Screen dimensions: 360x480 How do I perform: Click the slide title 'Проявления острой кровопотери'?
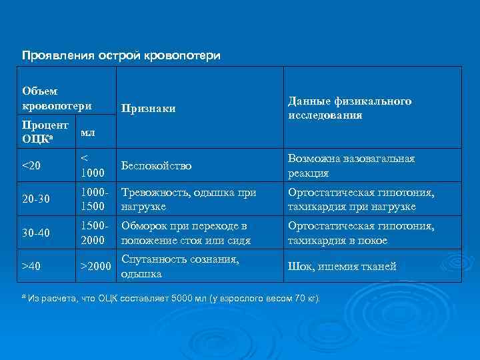tap(121, 55)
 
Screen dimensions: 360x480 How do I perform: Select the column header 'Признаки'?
tap(148, 108)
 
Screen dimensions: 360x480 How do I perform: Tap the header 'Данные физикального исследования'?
tap(349, 108)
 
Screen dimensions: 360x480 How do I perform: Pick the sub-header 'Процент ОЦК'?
tap(45, 132)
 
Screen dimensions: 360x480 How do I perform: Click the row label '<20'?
tap(31, 165)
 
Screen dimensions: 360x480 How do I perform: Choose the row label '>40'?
tap(31, 267)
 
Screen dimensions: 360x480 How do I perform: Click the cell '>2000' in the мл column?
tap(95, 267)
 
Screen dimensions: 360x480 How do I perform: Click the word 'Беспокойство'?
tap(156, 165)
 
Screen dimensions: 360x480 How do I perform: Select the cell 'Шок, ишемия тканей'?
tap(342, 267)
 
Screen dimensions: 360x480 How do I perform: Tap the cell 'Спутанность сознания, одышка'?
tap(180, 267)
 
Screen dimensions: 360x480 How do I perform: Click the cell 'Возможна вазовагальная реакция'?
tap(351, 165)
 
